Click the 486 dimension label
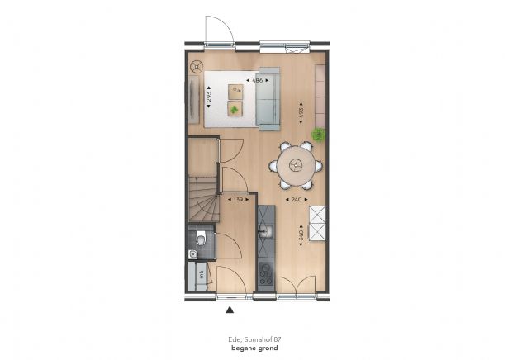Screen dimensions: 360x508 click(257, 80)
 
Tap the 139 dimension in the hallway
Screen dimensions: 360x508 click(238, 199)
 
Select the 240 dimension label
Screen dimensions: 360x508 click(293, 199)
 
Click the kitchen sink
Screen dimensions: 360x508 click(267, 229)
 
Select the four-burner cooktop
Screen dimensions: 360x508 click(266, 273)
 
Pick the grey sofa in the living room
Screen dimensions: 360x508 click(269, 97)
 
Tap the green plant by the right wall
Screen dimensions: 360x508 click(317, 135)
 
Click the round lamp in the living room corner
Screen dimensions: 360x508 click(197, 67)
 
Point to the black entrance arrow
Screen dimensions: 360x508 click(230, 310)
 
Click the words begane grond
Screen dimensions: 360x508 click(254, 347)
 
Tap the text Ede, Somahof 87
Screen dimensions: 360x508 click(254, 338)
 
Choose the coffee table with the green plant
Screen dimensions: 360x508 click(235, 108)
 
